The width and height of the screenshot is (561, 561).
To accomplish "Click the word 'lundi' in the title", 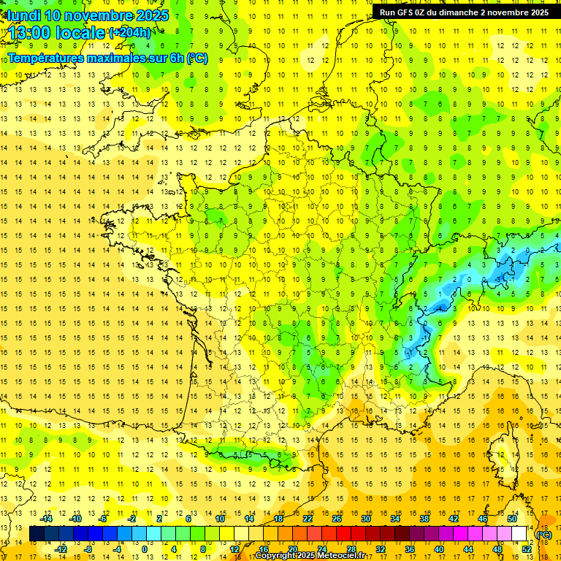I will tap(23, 15).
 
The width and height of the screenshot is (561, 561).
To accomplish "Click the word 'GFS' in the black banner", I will tap(410, 12).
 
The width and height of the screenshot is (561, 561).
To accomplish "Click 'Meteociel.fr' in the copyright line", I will tap(341, 556).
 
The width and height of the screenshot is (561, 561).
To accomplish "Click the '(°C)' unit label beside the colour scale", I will tap(544, 535).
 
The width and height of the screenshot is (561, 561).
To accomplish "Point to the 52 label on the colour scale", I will tap(527, 549).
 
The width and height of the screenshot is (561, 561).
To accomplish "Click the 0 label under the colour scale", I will tap(145, 549).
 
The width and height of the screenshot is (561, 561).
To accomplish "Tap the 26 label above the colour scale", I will tap(337, 519).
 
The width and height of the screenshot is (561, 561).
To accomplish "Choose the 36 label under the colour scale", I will tap(409, 549).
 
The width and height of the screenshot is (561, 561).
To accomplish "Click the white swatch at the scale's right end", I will tap(519, 534).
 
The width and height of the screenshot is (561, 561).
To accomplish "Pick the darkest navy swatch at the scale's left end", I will tap(37, 534).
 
